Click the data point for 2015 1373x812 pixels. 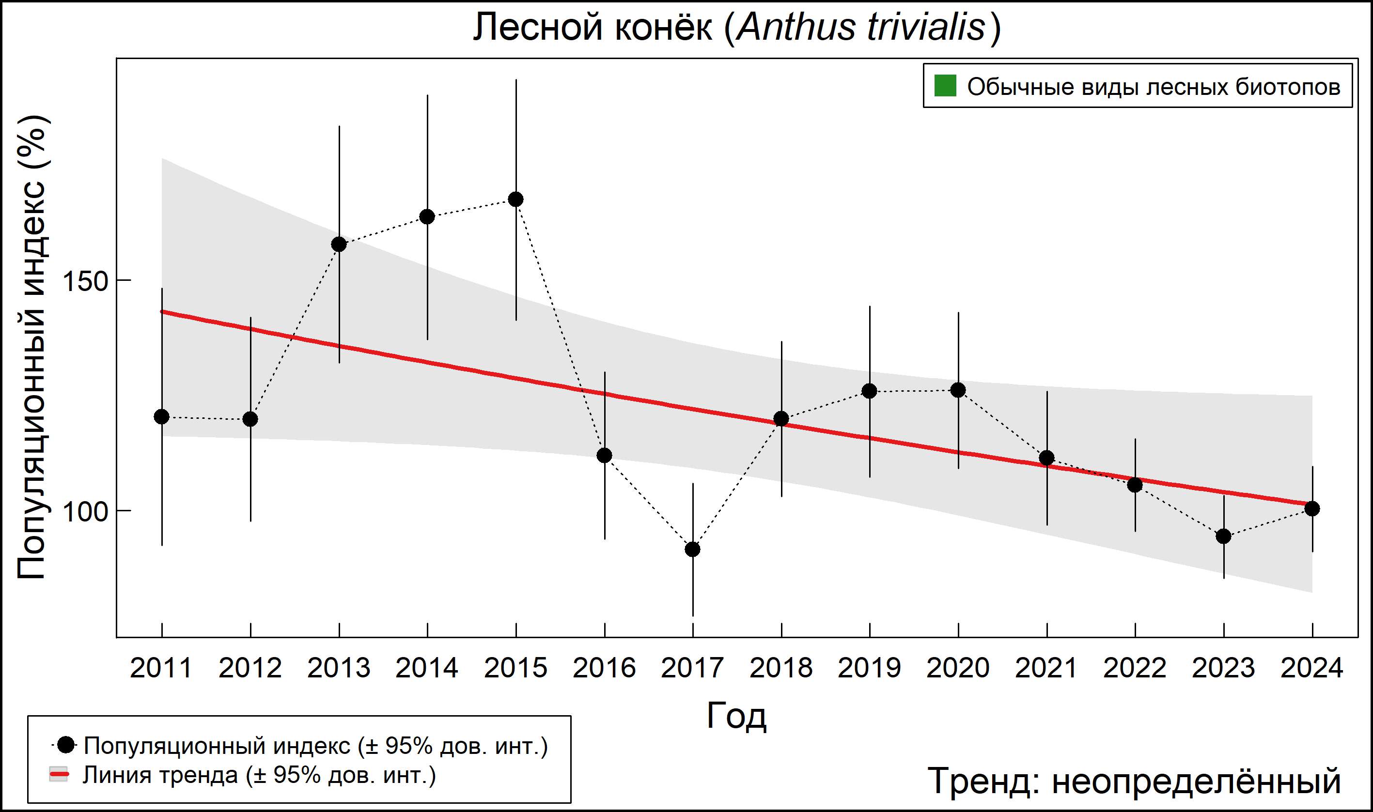coord(515,199)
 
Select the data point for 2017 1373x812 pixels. coord(692,549)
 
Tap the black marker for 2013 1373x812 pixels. coord(339,244)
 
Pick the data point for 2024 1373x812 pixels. coord(1311,508)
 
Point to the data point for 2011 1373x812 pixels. coord(161,416)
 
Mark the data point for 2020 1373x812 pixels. coord(958,390)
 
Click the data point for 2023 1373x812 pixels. coord(1224,536)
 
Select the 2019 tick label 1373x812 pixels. coord(869,668)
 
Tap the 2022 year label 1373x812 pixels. coord(1135,668)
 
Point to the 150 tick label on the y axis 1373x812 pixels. coord(85,281)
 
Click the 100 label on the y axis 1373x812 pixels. coord(85,512)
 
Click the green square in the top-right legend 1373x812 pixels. coord(945,85)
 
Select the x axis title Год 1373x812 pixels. coord(736,716)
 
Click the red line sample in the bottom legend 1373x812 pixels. coord(59,775)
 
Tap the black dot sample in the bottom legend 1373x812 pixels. coord(66,745)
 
